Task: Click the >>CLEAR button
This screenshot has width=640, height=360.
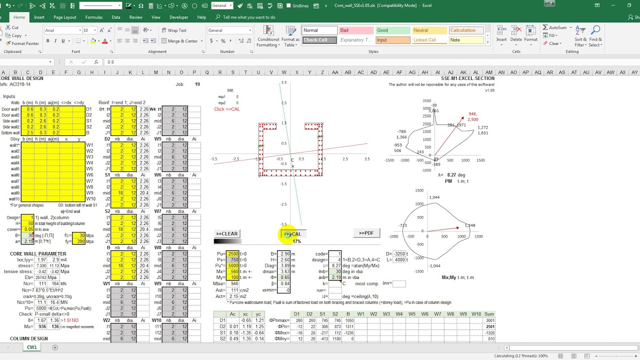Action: [x=226, y=233]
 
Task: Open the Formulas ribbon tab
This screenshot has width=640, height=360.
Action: [x=93, y=17]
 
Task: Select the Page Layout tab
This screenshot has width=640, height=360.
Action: [x=65, y=17]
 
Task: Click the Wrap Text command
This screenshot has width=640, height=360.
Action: [x=173, y=30]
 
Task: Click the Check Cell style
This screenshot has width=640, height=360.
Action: [x=319, y=40]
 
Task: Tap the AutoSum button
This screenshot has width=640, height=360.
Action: [x=555, y=28]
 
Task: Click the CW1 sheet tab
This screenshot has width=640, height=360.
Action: [x=31, y=347]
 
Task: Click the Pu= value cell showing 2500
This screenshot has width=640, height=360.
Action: [x=233, y=254]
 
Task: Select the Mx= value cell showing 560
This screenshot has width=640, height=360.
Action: [x=233, y=272]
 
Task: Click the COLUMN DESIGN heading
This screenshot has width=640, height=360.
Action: [x=29, y=338]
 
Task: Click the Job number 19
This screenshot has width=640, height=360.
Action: [x=197, y=84]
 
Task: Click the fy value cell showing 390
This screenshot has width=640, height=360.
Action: [x=79, y=241]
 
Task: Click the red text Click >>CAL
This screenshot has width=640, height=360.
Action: [x=226, y=109]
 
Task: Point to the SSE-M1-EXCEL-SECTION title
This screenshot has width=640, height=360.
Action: [x=467, y=78]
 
